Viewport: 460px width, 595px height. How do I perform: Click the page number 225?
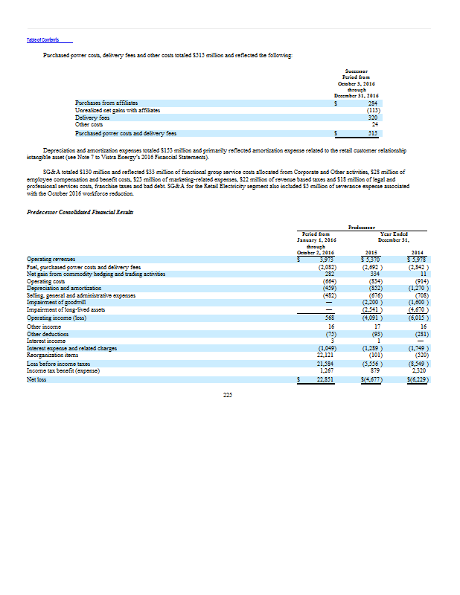tap(228, 395)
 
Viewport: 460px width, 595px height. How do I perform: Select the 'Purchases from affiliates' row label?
tap(104, 103)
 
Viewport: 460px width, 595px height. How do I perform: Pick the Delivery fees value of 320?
tap(373, 117)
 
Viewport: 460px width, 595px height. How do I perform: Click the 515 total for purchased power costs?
tap(373, 132)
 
